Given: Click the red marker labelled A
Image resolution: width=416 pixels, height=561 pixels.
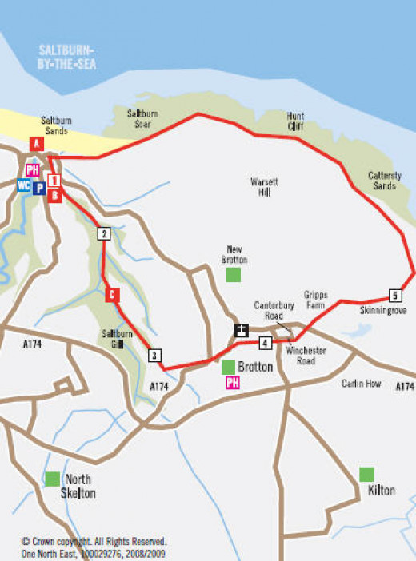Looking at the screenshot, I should click(x=35, y=144).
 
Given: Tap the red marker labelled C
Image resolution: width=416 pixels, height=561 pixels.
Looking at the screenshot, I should click(x=112, y=295).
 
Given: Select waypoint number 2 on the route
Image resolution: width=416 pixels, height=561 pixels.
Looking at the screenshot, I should click(x=103, y=234).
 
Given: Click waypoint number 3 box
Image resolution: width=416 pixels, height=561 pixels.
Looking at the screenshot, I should click(x=155, y=356).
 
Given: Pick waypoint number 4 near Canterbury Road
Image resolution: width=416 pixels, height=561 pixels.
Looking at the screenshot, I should click(x=264, y=344).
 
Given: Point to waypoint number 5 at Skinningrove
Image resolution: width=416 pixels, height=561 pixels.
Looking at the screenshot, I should click(x=394, y=293).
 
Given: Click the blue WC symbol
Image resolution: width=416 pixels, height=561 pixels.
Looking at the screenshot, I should click(x=23, y=185).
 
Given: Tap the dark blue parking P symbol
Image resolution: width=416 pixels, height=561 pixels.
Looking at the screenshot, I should click(x=38, y=187).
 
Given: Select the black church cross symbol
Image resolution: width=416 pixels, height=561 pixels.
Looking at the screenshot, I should click(x=241, y=330).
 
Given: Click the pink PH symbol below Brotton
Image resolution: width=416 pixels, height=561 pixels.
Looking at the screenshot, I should click(x=234, y=383).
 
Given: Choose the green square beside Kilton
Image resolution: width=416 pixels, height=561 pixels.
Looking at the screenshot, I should click(x=366, y=474).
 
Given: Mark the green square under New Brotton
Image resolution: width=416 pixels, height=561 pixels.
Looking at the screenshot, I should click(x=234, y=275).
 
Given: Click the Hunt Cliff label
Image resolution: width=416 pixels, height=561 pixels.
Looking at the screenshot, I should click(x=296, y=121).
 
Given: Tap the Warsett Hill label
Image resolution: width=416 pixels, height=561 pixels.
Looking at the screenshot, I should click(x=265, y=186).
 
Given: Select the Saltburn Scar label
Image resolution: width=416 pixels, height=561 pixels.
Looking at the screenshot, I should click(x=142, y=119).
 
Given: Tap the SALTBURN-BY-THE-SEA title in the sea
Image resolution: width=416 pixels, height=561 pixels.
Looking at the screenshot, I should click(x=67, y=58).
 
